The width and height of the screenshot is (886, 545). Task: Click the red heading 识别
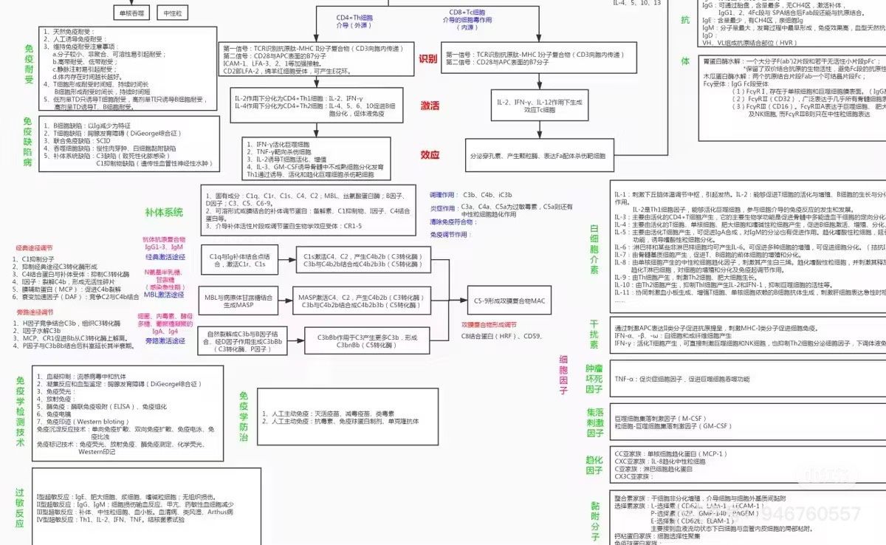click(428, 59)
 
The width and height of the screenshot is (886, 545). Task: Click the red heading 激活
click(430, 106)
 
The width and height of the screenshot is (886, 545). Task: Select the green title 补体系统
click(164, 213)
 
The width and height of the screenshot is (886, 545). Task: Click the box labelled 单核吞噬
click(133, 13)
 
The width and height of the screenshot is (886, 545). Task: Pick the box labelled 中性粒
click(172, 13)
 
